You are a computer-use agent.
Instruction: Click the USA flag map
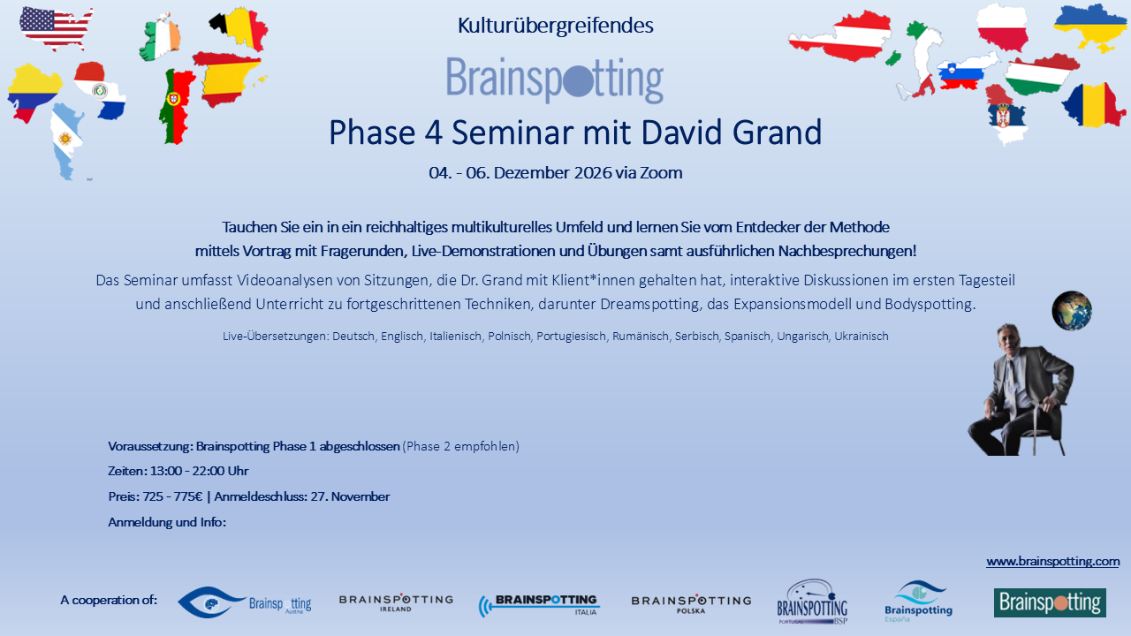56,27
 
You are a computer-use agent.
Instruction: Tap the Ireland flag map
160,37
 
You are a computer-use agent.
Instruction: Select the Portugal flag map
176,107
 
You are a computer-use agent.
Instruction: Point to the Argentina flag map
65,141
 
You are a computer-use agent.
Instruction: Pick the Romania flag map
1094,105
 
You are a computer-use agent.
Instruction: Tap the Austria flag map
840,36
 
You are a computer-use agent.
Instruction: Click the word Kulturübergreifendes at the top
556,26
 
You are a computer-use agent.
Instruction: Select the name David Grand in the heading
732,132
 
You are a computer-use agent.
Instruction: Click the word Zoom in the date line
661,172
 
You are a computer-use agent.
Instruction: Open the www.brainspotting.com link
1052,561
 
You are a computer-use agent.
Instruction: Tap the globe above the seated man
1072,310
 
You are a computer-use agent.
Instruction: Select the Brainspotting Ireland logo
396,602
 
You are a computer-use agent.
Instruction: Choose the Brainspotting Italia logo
539,605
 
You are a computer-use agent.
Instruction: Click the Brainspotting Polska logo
691,603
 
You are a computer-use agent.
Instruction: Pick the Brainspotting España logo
918,602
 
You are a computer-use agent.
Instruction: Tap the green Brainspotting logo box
1051,602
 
